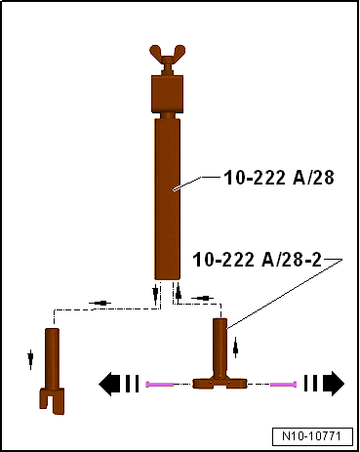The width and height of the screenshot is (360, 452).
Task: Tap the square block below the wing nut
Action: [x=167, y=95]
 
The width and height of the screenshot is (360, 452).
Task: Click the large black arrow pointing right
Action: [x=324, y=384]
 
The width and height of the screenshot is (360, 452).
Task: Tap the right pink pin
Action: [x=281, y=385]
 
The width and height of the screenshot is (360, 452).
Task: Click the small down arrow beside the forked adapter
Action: [x=30, y=357]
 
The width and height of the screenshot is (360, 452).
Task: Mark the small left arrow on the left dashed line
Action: [x=100, y=303]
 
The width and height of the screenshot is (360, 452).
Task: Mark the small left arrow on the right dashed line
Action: [x=202, y=297]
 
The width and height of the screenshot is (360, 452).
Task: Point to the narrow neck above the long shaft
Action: [x=168, y=115]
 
